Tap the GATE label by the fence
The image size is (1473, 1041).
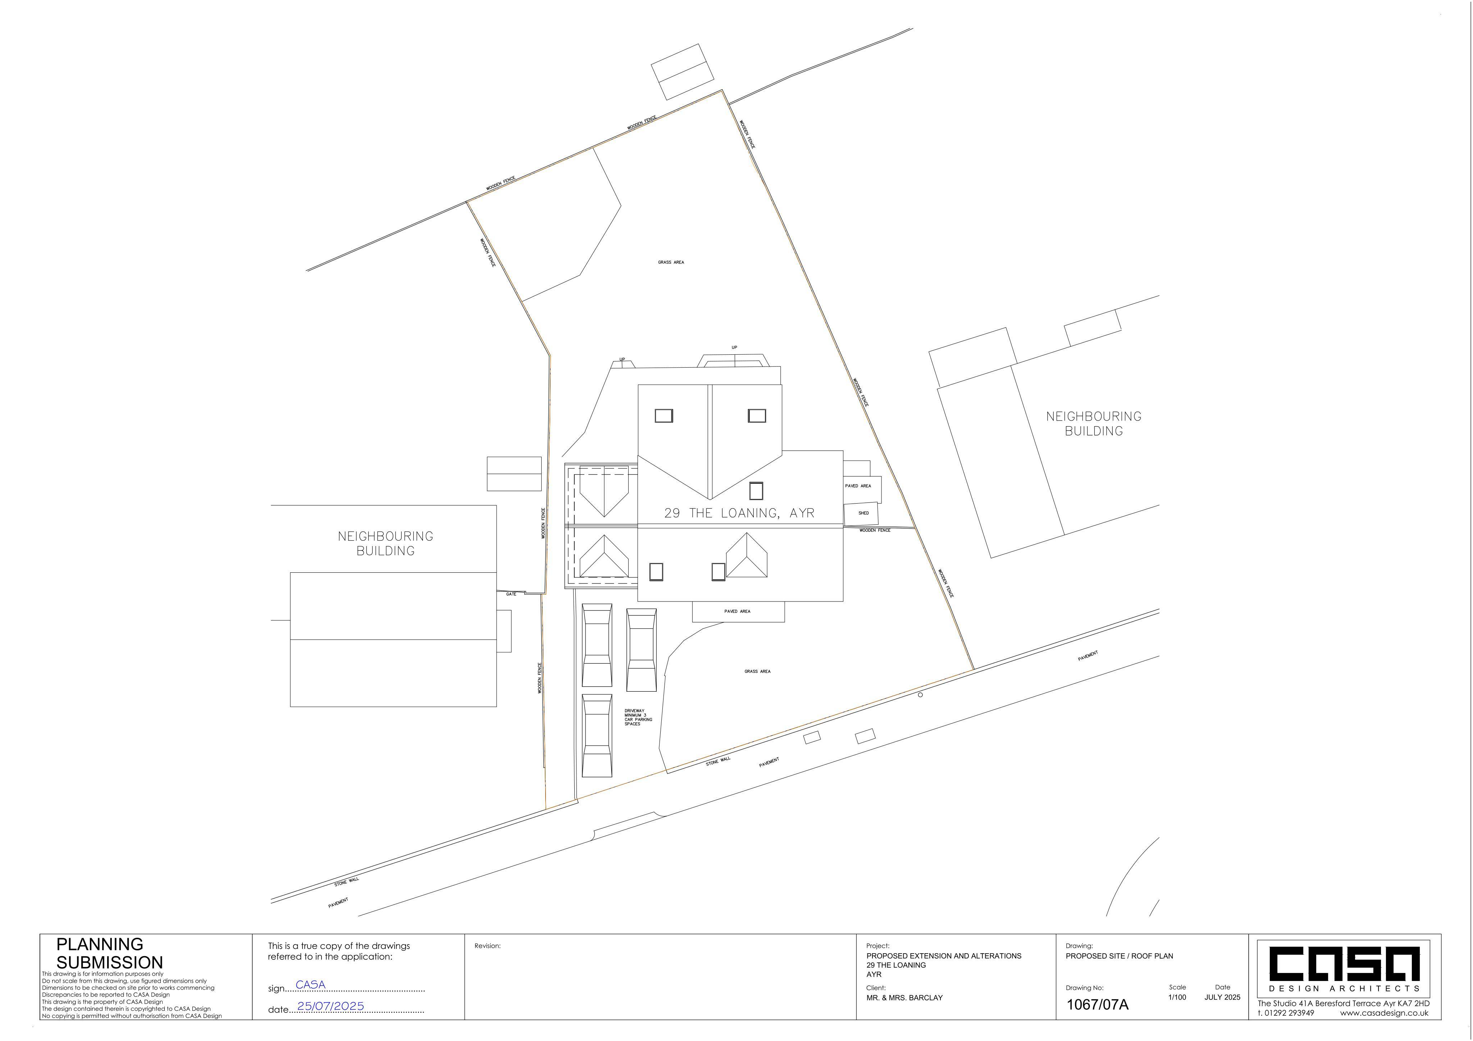click(511, 594)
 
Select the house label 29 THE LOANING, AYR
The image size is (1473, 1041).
click(739, 513)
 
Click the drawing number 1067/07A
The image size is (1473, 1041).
click(1097, 1004)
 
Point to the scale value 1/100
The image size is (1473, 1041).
click(1177, 997)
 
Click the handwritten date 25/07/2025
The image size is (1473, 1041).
click(330, 1006)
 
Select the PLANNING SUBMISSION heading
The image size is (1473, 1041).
click(110, 953)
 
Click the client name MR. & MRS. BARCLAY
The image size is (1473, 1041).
click(904, 998)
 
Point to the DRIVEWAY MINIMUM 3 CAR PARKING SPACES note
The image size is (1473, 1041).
click(638, 717)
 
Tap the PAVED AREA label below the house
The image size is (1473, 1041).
click(737, 611)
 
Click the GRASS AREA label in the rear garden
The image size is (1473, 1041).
click(671, 263)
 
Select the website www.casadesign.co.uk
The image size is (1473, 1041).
click(1384, 1013)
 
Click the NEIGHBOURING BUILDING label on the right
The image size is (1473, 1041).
click(1094, 424)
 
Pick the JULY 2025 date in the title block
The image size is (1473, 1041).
click(1222, 997)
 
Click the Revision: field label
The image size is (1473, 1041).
click(488, 945)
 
